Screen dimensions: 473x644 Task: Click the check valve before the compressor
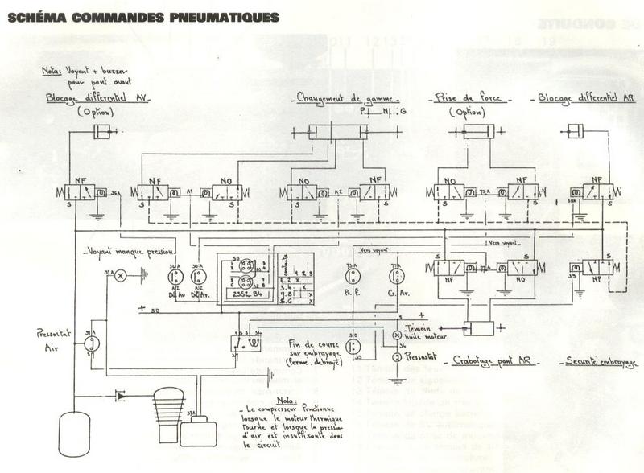coord(120,395)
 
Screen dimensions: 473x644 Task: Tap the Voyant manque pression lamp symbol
coord(120,275)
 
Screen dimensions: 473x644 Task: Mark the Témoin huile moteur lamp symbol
coord(396,334)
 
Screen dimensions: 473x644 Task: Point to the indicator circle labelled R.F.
coord(352,276)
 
